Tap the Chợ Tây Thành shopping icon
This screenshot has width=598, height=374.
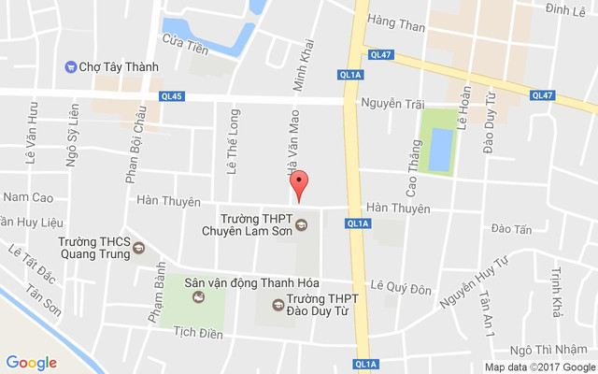(70, 67)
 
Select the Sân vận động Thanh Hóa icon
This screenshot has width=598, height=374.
(198, 298)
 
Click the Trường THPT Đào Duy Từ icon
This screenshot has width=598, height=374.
(277, 304)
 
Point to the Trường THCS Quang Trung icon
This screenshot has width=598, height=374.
(139, 248)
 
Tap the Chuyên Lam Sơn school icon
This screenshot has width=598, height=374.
(301, 224)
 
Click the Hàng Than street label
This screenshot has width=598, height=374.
(396, 27)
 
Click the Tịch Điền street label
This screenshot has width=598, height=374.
(200, 331)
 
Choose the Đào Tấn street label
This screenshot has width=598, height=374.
(510, 228)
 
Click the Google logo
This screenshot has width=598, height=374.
(32, 363)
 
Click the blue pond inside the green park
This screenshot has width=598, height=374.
(440, 150)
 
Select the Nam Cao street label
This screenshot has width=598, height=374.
(28, 197)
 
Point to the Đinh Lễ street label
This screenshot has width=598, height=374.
(564, 9)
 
